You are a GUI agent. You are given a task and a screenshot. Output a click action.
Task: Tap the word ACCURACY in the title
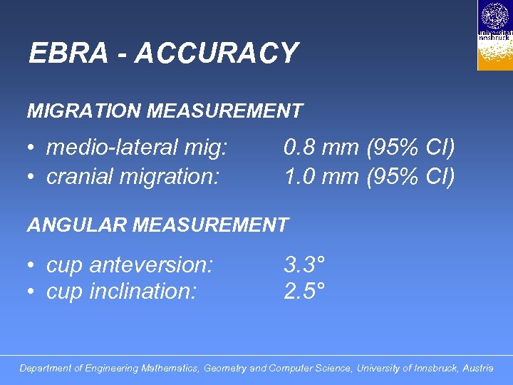tap(217, 53)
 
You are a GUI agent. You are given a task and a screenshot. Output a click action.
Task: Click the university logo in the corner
tap(494, 35)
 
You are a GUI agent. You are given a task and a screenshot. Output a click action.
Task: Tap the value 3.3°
tap(304, 265)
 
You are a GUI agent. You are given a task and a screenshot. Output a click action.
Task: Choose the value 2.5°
tap(304, 292)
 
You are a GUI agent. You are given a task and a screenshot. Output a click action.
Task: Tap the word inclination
tap(143, 292)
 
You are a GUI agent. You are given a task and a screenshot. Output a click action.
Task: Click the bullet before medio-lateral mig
tap(32, 148)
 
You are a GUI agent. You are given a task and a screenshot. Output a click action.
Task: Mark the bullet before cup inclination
tap(32, 292)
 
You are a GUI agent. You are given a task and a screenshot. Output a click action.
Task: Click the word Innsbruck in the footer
tap(425, 369)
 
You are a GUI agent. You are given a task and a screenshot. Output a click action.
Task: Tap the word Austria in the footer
tap(477, 369)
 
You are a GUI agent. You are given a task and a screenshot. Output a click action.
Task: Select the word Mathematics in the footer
tap(170, 369)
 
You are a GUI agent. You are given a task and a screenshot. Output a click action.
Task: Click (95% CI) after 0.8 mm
tap(410, 148)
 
